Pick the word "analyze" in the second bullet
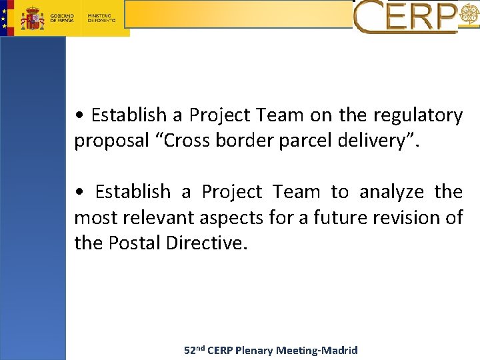pyautogui.click(x=391, y=192)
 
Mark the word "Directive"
pyautogui.click(x=207, y=243)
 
